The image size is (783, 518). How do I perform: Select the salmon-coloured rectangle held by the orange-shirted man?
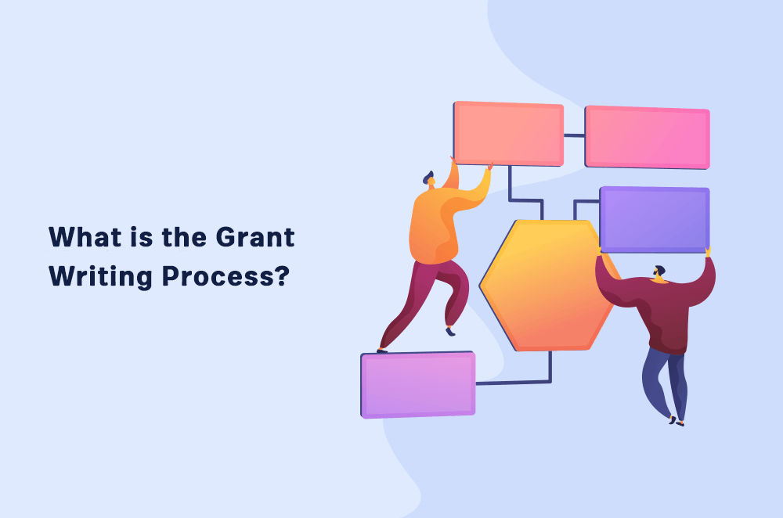pos(508,133)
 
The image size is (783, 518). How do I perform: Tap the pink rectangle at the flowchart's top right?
pos(647,137)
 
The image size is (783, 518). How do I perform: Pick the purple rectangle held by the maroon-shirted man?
pos(654,219)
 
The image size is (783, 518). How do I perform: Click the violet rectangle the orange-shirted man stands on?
pos(417,384)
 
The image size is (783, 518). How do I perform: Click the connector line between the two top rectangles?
pos(574,135)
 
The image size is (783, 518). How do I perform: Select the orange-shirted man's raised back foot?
pos(449,331)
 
